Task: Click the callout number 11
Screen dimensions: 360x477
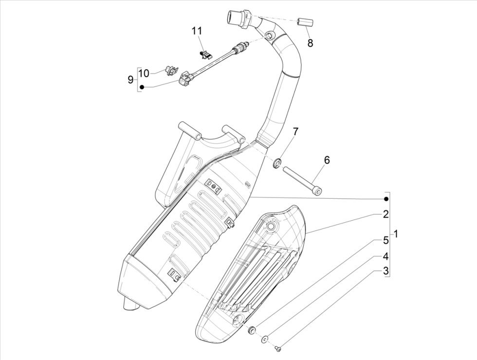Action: point(196,31)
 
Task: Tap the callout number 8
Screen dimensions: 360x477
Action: point(310,43)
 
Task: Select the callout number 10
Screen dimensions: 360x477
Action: point(144,73)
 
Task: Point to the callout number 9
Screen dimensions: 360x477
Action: point(130,79)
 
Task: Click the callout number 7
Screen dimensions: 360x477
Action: point(295,132)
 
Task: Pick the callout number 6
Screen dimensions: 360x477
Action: point(327,160)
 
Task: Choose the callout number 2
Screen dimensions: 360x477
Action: point(385,214)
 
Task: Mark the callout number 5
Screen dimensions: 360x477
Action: point(385,240)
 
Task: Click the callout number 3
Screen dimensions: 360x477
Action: point(385,271)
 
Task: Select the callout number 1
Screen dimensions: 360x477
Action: point(396,234)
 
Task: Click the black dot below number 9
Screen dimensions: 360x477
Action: point(142,87)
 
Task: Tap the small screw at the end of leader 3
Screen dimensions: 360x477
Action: point(278,348)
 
